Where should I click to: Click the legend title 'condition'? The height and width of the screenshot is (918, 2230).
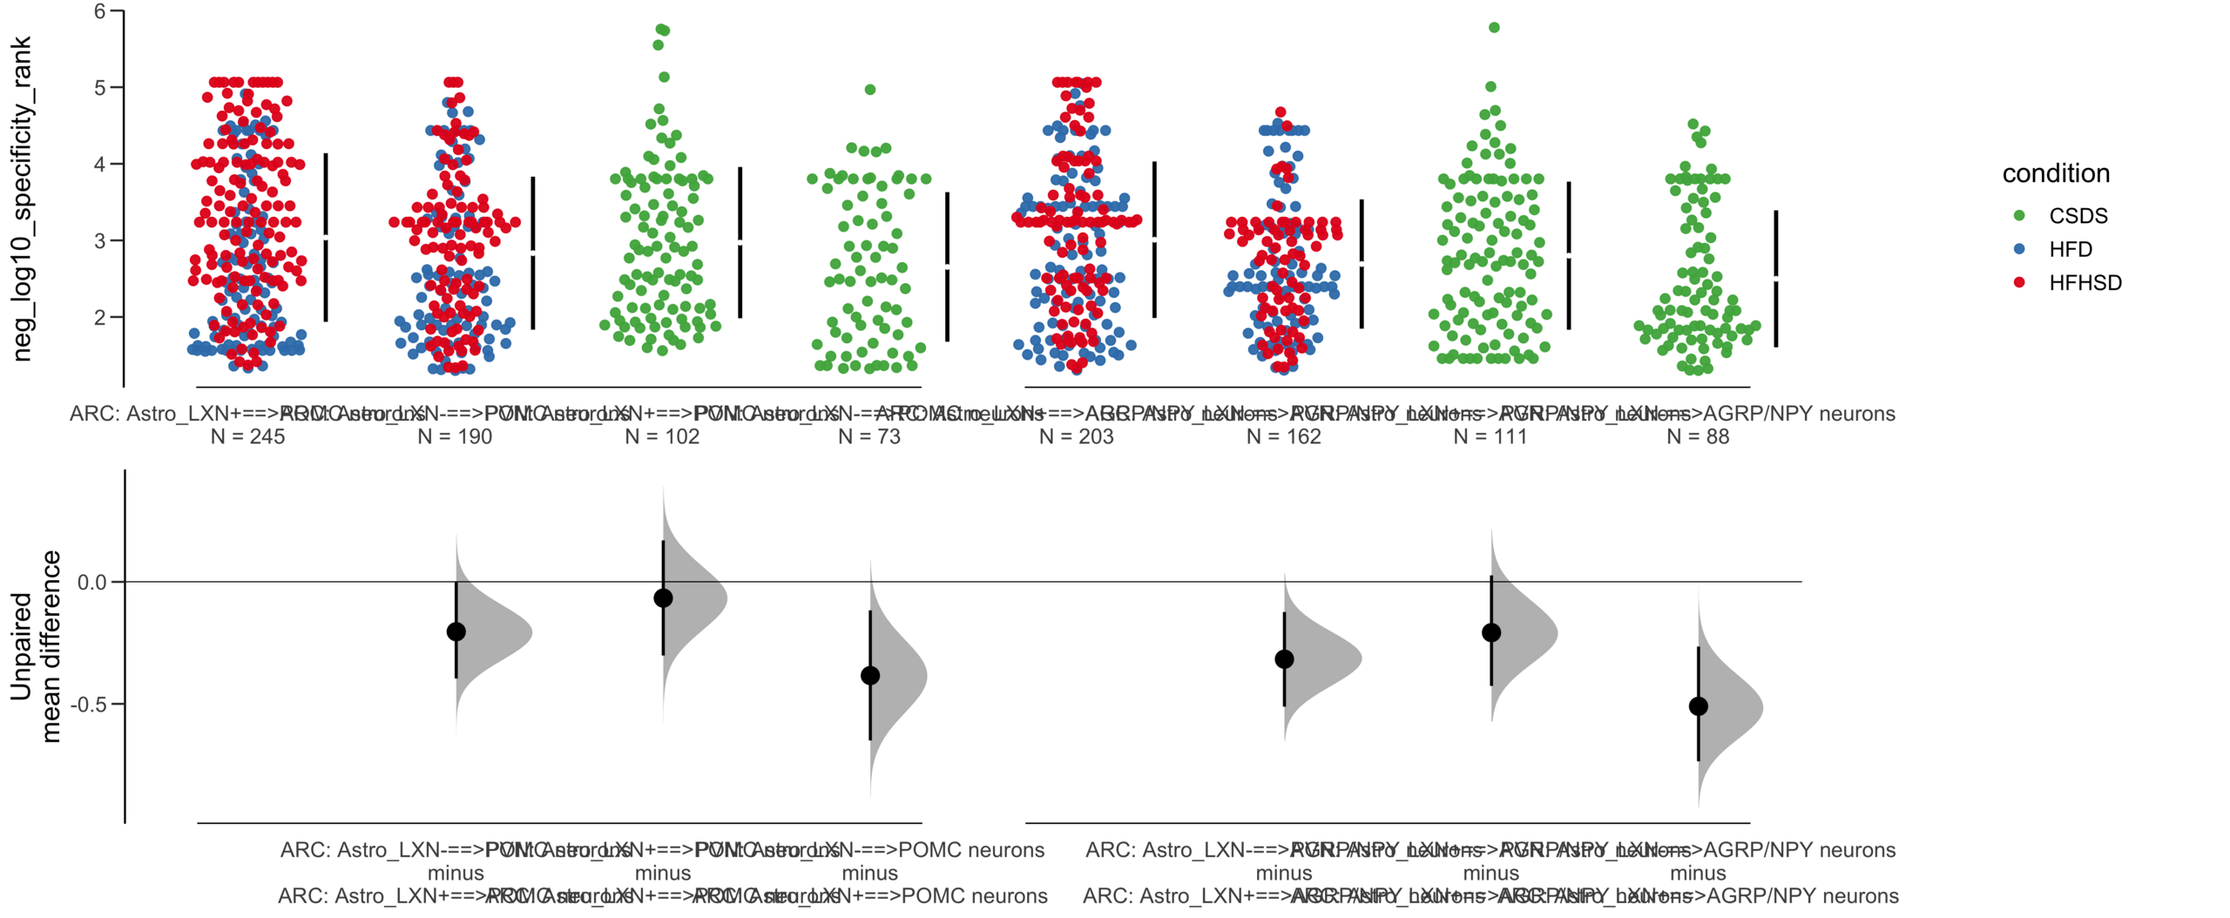2055,173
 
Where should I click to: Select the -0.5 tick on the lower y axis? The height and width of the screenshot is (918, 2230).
91,704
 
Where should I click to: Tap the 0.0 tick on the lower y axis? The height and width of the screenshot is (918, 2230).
91,582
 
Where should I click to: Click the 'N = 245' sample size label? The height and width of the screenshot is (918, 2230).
247,436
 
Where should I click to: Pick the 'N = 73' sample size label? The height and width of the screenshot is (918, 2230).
868,436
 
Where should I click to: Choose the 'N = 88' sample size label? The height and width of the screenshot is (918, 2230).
1697,436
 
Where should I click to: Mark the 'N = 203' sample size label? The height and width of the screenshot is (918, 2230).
1076,436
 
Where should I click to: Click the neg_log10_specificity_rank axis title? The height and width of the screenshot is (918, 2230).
22,199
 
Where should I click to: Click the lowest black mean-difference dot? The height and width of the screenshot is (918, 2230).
1698,706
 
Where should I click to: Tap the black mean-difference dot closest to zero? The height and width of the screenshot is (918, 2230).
663,597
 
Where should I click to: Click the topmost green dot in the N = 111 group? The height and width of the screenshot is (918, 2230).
1494,28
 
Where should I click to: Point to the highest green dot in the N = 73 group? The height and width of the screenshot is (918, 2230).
869,90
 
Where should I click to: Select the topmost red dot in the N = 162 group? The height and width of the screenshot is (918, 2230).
1281,112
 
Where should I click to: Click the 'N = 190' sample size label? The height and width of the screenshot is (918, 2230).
455,436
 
